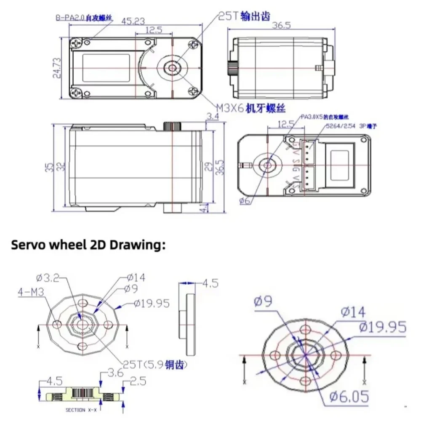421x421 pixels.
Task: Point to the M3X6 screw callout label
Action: tap(251, 109)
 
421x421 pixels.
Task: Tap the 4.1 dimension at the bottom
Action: tap(205, 208)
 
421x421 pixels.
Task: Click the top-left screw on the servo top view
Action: tap(77, 43)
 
